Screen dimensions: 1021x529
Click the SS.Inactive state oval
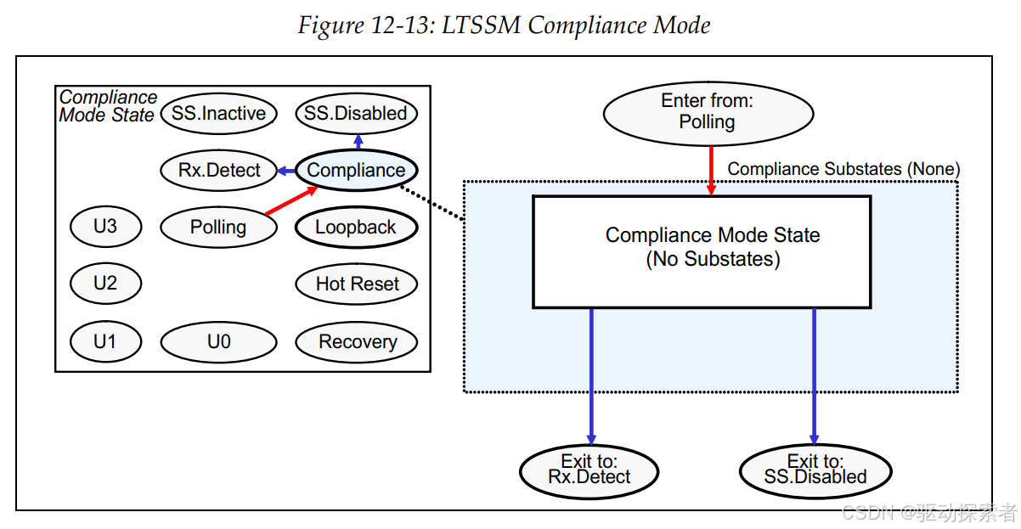click(x=219, y=114)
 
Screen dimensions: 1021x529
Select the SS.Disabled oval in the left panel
click(x=357, y=114)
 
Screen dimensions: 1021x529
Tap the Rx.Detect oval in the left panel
click(x=219, y=171)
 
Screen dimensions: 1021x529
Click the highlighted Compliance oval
click(x=357, y=170)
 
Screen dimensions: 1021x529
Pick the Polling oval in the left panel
click(x=219, y=227)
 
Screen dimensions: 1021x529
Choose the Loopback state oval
click(x=357, y=227)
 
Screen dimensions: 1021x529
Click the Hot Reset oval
click(x=357, y=284)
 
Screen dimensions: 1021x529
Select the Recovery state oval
click(x=357, y=341)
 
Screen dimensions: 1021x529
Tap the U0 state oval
click(x=219, y=341)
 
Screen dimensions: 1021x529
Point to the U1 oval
click(x=105, y=341)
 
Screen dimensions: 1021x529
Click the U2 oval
click(x=105, y=284)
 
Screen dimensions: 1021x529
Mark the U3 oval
click(x=105, y=227)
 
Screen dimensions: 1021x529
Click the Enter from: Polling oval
click(x=708, y=114)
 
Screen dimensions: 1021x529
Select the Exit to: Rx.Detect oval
click(x=589, y=471)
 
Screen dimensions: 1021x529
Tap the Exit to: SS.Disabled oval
click(x=815, y=471)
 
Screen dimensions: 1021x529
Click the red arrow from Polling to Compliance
click(x=291, y=200)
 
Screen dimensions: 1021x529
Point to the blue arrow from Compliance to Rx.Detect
click(x=286, y=171)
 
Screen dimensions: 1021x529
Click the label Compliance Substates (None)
click(x=843, y=169)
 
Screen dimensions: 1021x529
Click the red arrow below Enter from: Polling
click(x=711, y=171)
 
